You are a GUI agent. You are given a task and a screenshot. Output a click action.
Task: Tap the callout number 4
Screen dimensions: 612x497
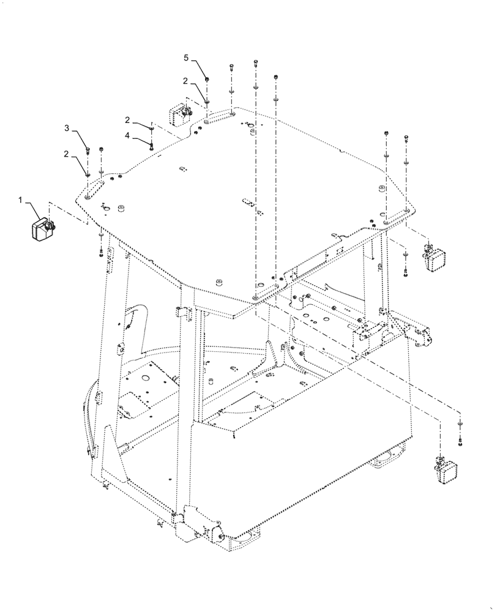[x=127, y=135]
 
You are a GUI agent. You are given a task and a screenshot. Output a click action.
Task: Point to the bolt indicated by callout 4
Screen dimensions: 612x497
[x=151, y=144]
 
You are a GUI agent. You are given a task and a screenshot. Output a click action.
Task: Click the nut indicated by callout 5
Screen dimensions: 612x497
[x=207, y=78]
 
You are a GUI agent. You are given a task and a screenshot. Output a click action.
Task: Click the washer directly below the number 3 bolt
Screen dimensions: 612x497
[x=88, y=174]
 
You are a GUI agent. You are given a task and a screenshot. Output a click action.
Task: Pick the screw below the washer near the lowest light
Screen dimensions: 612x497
[x=460, y=439]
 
